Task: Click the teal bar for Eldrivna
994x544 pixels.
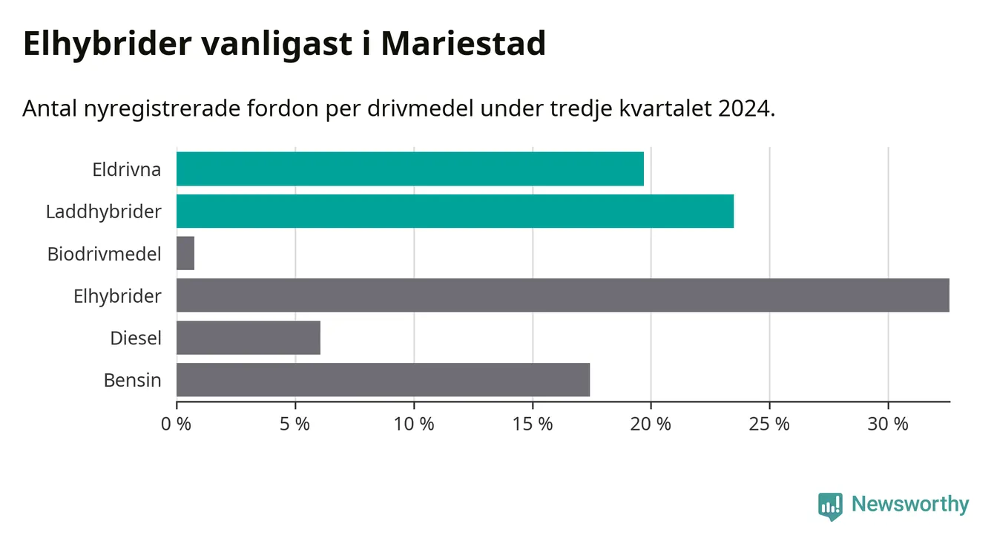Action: [410, 168]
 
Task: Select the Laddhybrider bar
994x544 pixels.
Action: [455, 211]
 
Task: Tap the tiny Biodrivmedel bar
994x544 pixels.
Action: [185, 253]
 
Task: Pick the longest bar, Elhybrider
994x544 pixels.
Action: [563, 295]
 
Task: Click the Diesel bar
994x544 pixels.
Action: [249, 338]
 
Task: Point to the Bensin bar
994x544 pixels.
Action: [383, 380]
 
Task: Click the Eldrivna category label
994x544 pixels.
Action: [126, 170]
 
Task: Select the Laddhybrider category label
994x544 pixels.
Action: [103, 212]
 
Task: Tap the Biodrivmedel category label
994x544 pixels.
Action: [104, 254]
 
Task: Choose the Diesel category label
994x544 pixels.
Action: [135, 338]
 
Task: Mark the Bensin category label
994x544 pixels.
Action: [132, 381]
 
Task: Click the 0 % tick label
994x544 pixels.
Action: [176, 424]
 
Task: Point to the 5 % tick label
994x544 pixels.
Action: [294, 424]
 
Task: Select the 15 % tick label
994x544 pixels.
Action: [533, 424]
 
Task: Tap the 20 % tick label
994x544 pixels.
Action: [651, 424]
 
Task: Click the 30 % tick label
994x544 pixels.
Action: [888, 424]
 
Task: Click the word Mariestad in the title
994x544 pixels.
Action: [464, 44]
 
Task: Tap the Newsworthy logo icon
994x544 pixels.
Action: [830, 506]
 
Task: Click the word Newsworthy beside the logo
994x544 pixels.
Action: [910, 505]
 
